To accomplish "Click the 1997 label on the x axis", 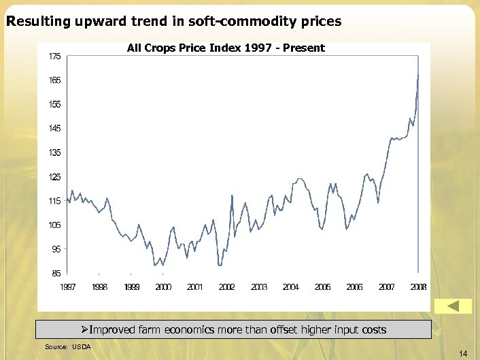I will tap(67, 287).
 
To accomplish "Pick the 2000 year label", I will tap(163, 287).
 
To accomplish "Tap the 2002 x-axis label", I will tap(227, 287).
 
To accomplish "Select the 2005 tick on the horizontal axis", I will tap(323, 287).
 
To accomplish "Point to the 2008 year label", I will tap(419, 287).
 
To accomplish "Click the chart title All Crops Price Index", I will tap(226, 48).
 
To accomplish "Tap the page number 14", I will tap(463, 353).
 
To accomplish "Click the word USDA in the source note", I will tap(82, 347).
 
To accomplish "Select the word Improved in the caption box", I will tap(113, 330).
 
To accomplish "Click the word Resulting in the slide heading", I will tap(33, 22).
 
